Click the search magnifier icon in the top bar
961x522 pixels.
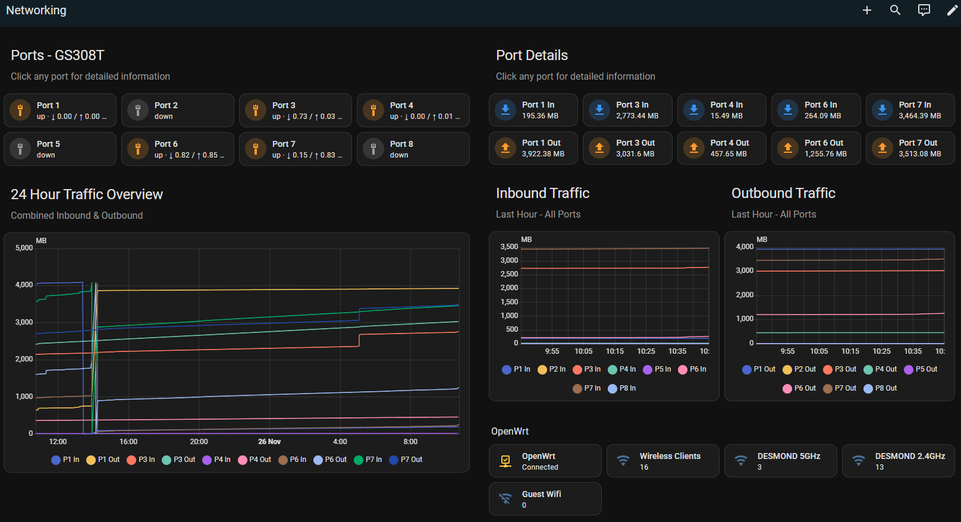895,10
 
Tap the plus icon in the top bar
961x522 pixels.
867,10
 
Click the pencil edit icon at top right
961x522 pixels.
952,10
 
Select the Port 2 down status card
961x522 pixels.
177,111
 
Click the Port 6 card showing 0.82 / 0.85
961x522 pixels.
177,149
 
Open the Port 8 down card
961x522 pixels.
413,149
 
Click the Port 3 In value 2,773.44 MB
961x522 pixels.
637,116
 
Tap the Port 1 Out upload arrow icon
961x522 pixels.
505,148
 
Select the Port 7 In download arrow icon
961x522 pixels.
883,110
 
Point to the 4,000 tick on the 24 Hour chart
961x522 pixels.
24,285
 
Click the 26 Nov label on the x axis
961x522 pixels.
269,442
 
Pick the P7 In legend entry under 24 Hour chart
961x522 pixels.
368,460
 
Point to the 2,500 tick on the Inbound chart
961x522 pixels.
509,274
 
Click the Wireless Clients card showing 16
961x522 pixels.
662,461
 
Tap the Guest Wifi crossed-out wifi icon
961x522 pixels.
505,499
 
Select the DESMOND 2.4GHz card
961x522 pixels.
898,461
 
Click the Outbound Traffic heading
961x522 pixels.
783,193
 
